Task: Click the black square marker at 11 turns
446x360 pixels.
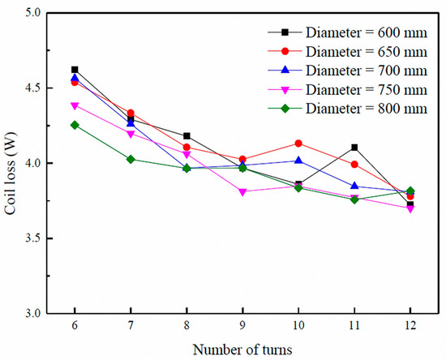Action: pos(354,148)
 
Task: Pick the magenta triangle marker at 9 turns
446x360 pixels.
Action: pos(242,192)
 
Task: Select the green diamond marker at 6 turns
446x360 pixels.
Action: pos(75,125)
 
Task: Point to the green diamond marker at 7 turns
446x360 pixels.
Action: pos(131,159)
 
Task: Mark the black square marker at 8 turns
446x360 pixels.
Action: pos(187,136)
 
